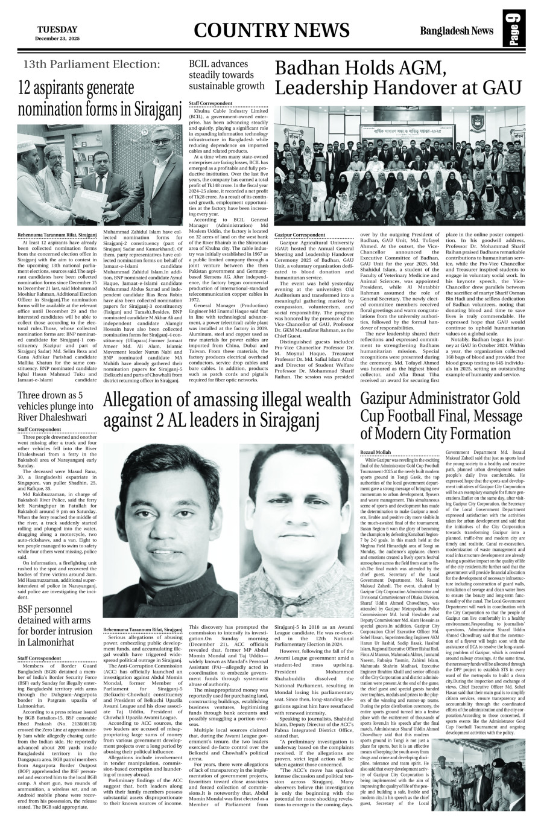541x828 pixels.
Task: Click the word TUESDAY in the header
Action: click(57, 29)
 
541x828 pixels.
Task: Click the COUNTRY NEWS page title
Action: click(272, 31)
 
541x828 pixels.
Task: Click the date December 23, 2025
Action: click(57, 38)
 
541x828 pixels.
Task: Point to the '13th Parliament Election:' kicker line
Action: click(92, 64)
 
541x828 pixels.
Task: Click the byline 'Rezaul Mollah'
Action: click(375, 451)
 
